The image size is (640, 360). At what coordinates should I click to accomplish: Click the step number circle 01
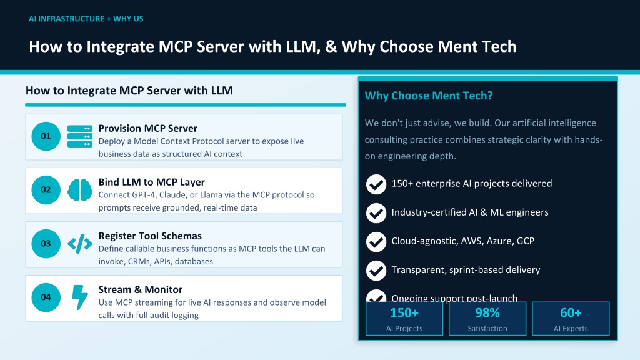(x=46, y=136)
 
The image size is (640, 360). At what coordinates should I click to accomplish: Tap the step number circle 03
(x=46, y=244)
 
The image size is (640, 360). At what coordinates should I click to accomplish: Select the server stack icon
(x=80, y=136)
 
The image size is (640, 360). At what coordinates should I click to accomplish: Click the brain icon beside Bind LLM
(x=80, y=190)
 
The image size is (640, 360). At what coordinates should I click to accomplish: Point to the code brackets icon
(x=80, y=244)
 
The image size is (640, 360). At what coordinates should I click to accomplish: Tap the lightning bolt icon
(x=80, y=297)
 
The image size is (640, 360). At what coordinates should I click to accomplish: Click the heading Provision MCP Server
(x=147, y=128)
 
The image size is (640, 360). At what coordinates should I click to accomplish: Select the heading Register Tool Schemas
(x=150, y=236)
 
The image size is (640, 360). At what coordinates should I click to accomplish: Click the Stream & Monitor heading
(x=141, y=289)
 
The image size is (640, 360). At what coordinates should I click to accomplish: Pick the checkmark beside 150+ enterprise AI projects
(x=376, y=184)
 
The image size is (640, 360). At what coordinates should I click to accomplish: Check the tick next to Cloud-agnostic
(x=376, y=242)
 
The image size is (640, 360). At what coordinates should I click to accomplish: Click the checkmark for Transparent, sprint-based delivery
(x=376, y=270)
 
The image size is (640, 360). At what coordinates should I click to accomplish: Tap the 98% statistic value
(x=487, y=313)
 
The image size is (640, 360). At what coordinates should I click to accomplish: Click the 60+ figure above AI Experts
(x=571, y=313)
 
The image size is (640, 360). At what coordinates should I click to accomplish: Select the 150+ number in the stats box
(x=404, y=313)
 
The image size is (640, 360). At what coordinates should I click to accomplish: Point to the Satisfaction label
(x=487, y=329)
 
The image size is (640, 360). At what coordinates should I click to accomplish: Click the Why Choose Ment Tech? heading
(x=429, y=96)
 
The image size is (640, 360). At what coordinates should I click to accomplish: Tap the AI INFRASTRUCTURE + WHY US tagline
(x=86, y=19)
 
